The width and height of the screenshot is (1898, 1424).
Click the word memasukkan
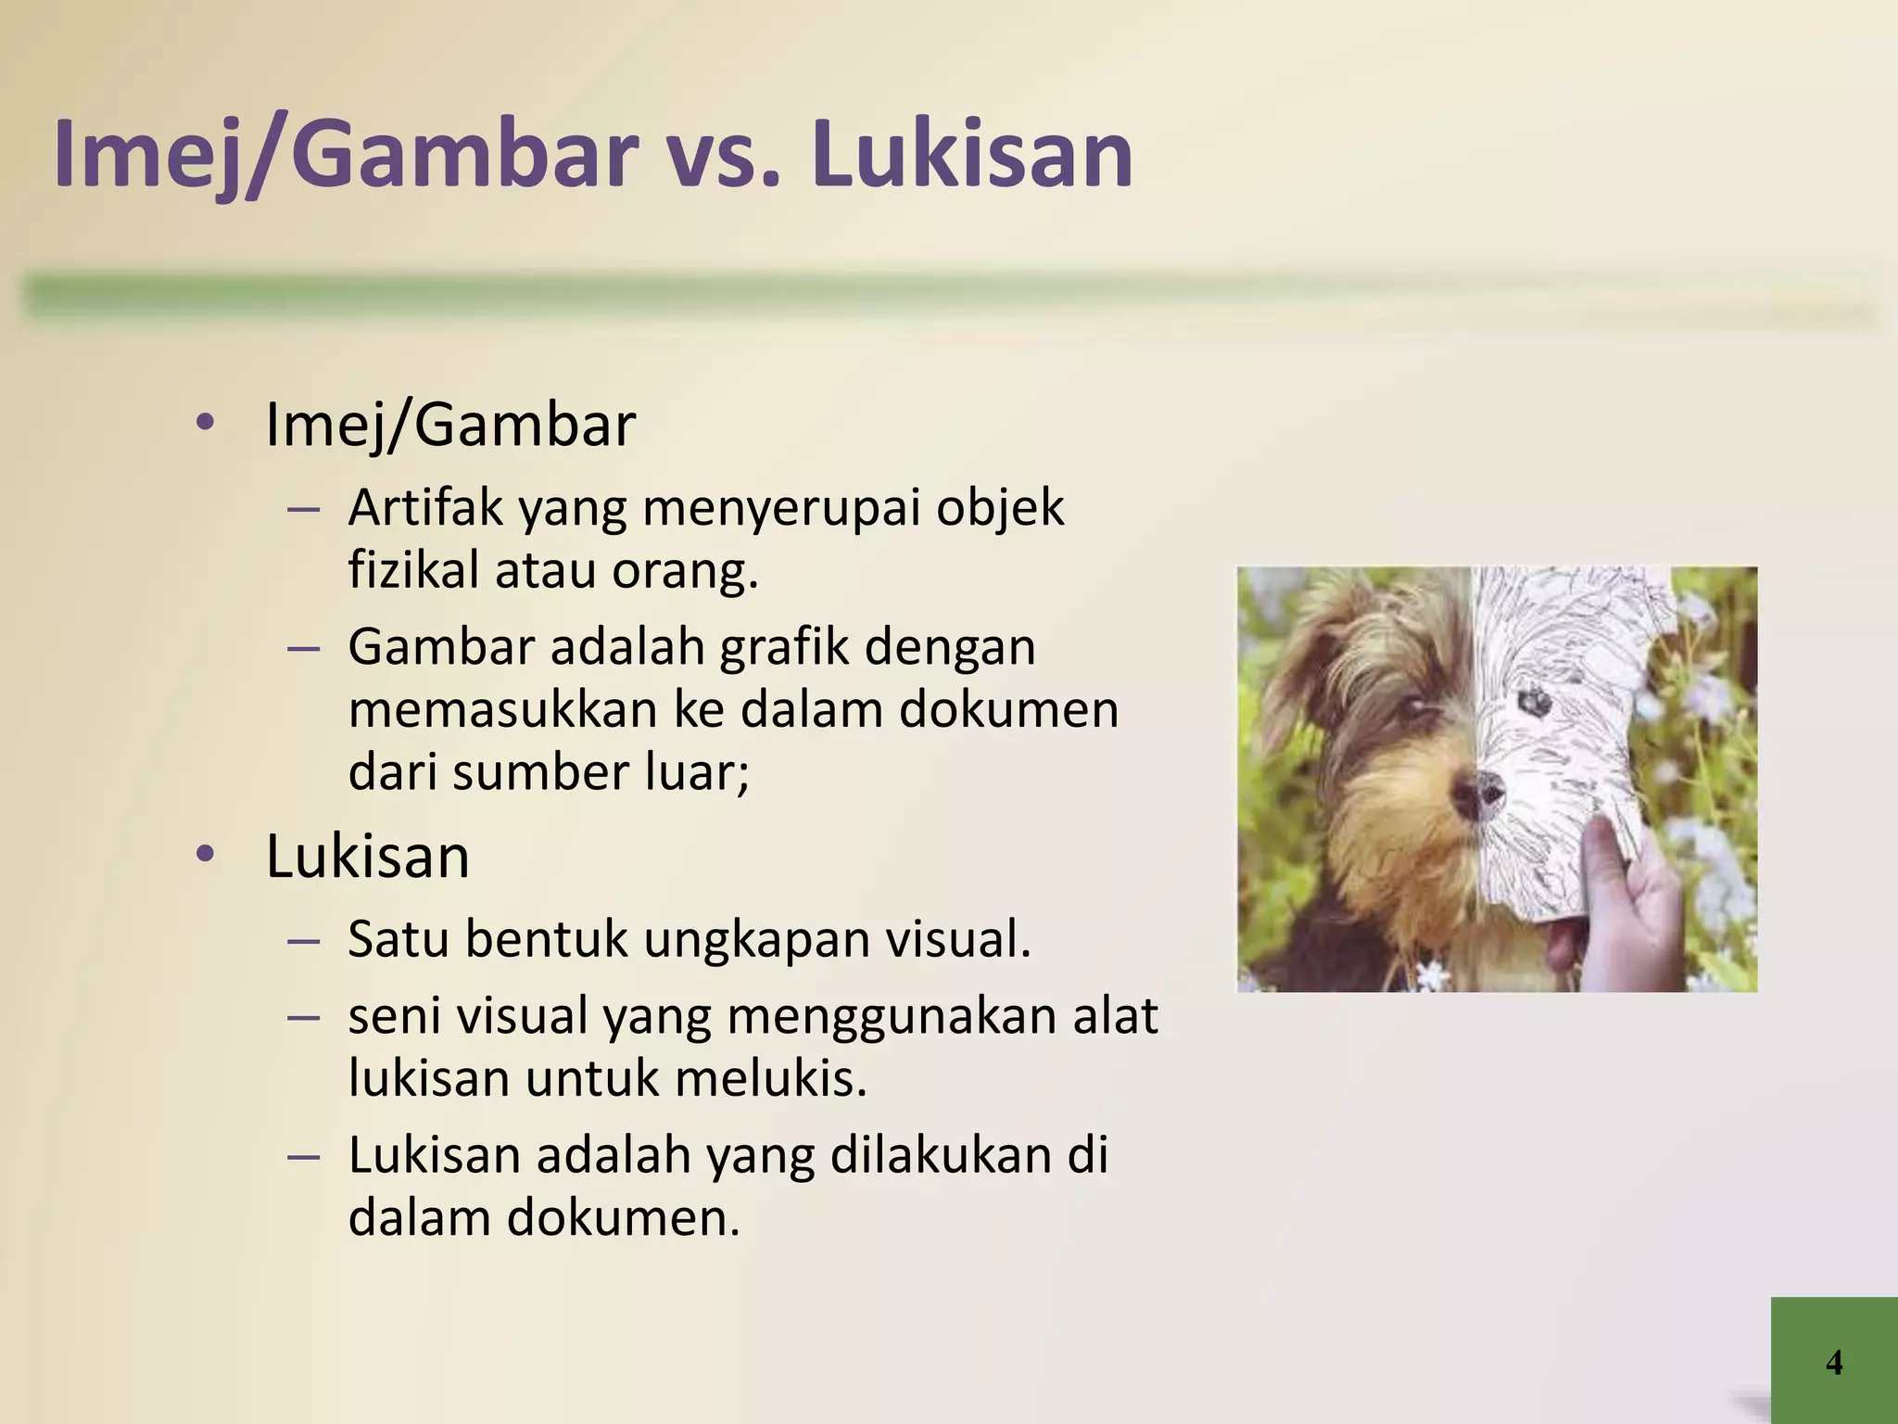click(x=501, y=709)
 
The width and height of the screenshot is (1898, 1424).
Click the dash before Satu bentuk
click(x=304, y=941)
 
